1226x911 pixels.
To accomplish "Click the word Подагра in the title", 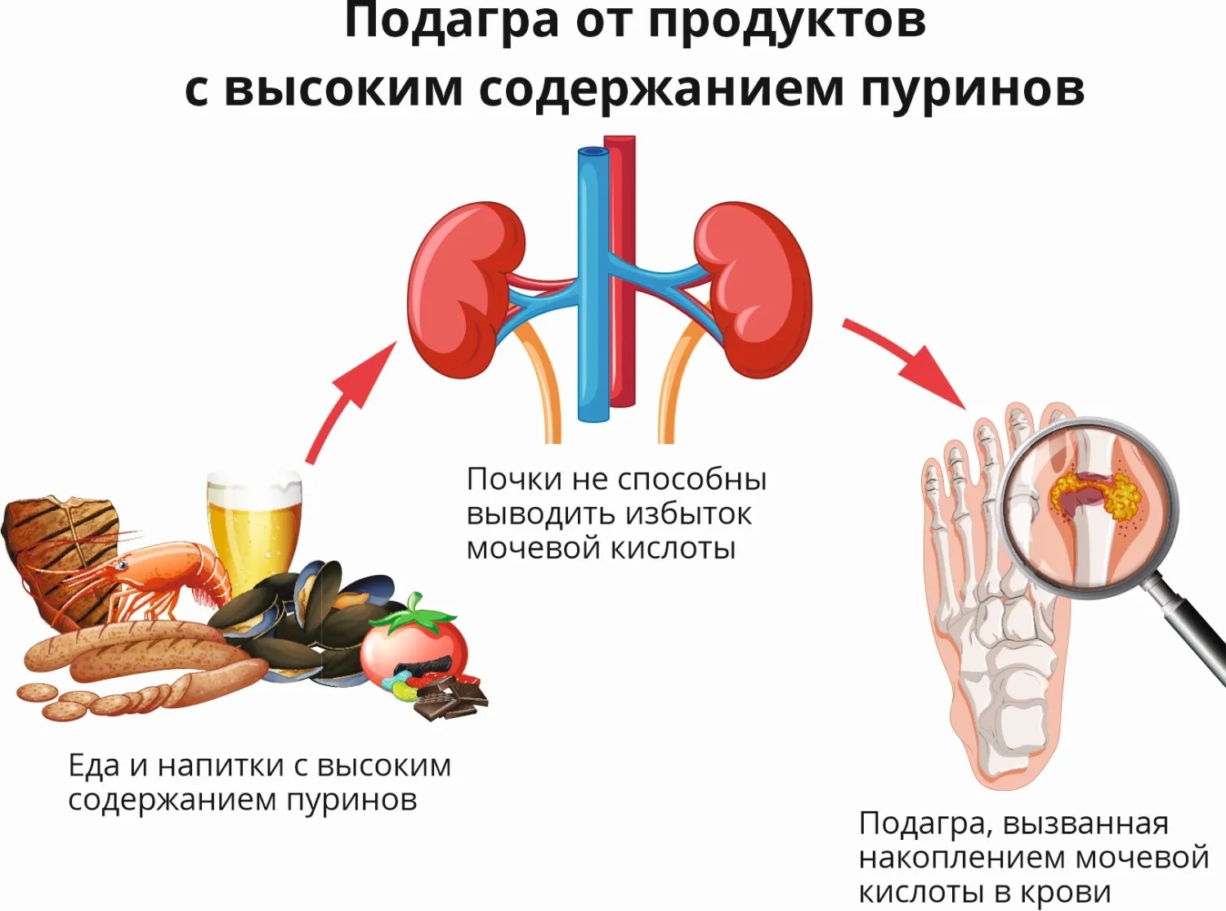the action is click(452, 22).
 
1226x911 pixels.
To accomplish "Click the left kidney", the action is click(467, 289).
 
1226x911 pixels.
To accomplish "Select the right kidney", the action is click(753, 289).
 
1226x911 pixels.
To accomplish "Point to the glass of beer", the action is click(255, 532).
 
